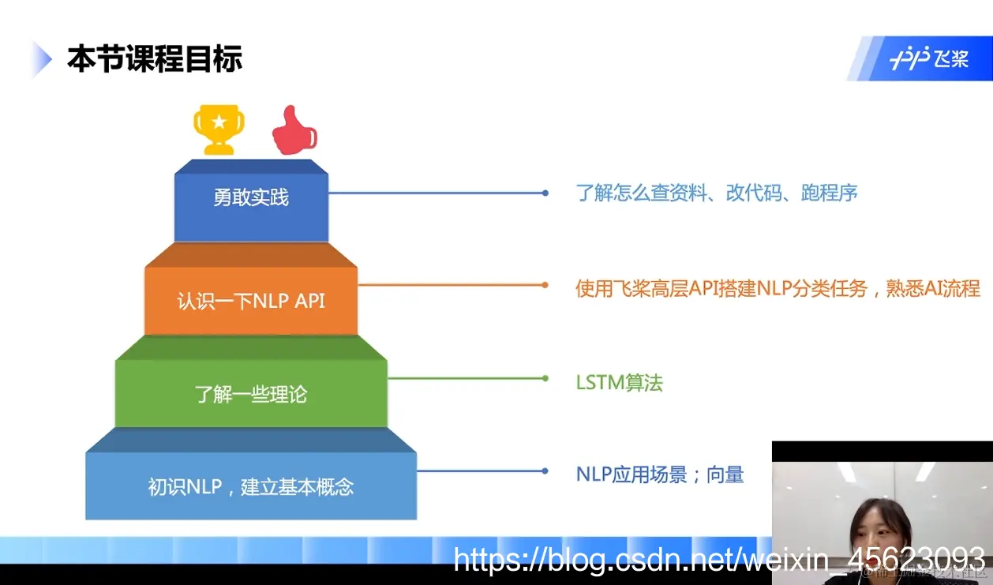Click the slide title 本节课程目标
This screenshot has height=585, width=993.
coord(155,59)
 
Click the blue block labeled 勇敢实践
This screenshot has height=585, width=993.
coord(251,198)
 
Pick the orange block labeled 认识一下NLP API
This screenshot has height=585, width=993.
coord(251,301)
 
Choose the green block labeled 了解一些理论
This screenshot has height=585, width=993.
coord(251,393)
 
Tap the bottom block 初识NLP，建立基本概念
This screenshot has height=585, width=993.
coord(251,486)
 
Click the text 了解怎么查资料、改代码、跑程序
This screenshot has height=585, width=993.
coord(717,193)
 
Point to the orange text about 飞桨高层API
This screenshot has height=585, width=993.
coord(778,288)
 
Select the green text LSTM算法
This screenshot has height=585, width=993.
coord(620,383)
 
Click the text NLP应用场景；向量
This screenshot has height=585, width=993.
coord(660,474)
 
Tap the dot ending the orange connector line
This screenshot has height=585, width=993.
coord(545,285)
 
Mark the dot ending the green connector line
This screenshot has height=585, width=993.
coord(545,378)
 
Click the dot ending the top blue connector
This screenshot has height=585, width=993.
coord(545,193)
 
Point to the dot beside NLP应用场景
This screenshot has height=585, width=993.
coord(545,471)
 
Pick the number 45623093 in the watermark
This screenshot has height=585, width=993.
coord(916,559)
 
